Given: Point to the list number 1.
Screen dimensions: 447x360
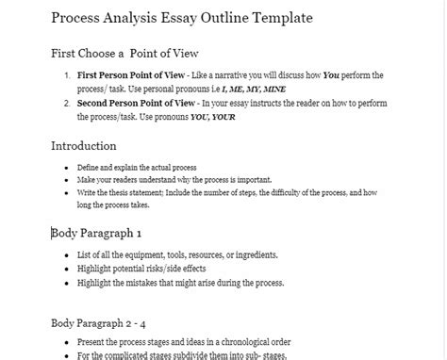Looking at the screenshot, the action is tap(66, 74).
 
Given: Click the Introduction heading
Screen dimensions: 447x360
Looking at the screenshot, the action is tap(84, 147).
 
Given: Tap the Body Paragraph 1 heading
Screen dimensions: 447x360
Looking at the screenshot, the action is tap(97, 233).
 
